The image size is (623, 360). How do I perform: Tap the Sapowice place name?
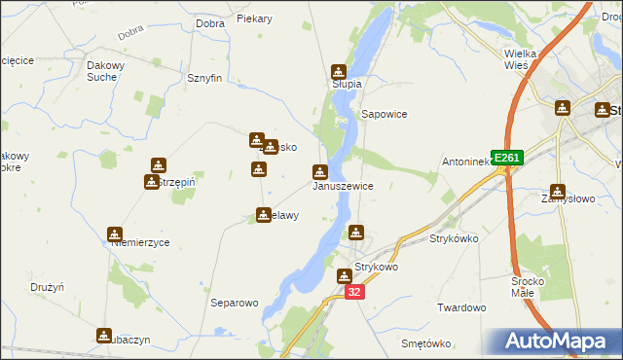tap(384, 114)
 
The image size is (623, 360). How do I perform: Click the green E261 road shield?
tap(507, 158)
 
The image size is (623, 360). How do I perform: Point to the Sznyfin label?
tap(205, 78)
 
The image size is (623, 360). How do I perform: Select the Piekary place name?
tap(255, 18)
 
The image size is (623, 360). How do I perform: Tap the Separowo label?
tap(235, 303)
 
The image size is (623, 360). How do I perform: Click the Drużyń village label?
tap(47, 288)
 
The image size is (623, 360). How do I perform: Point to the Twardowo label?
tap(461, 307)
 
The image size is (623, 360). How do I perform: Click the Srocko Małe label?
tap(533, 287)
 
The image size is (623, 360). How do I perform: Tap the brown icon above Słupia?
tap(339, 71)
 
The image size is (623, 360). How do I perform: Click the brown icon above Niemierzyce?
tap(115, 234)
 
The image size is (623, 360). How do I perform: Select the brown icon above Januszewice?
tap(319, 172)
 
